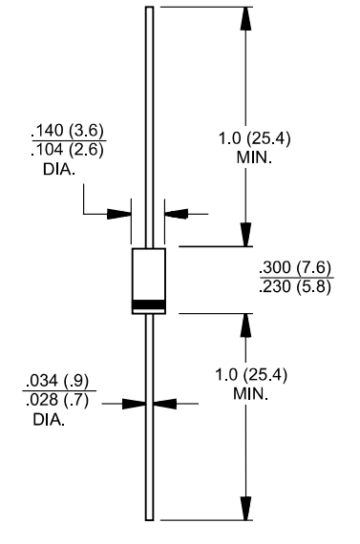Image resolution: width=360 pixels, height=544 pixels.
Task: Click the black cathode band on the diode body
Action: coord(148,305)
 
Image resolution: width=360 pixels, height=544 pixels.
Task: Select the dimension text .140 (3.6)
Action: coord(68,131)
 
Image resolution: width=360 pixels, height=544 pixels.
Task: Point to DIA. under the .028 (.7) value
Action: coord(50,420)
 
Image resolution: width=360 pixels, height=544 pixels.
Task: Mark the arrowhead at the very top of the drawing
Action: coord(246,18)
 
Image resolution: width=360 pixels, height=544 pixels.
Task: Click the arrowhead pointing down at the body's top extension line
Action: coord(246,235)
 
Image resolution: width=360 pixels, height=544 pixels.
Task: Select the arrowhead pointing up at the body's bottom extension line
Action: coord(246,324)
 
